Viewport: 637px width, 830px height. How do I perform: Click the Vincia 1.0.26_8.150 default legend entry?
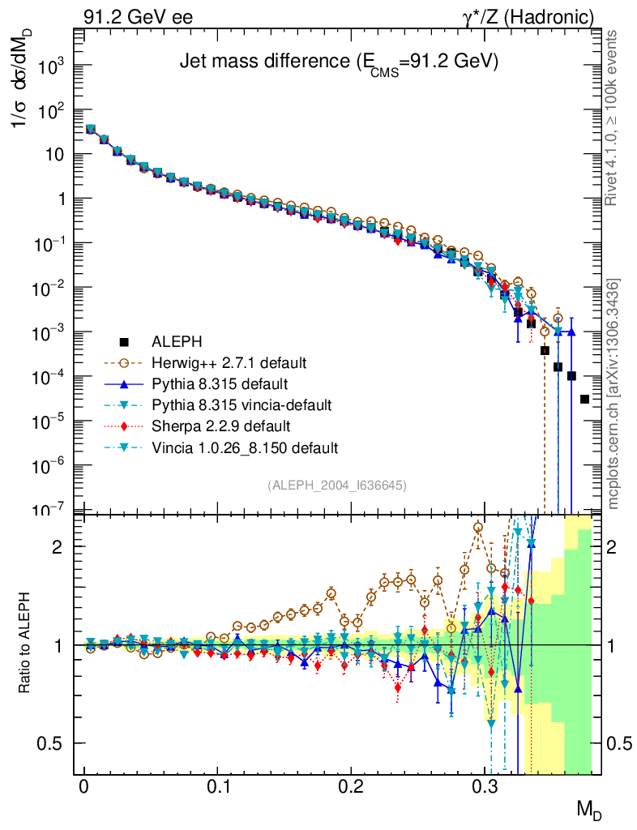pyautogui.click(x=244, y=447)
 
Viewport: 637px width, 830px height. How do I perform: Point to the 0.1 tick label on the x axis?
pyautogui.click(x=217, y=787)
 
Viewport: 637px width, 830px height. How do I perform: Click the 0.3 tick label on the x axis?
pyautogui.click(x=485, y=787)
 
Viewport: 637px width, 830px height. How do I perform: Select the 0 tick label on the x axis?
pyautogui.click(x=83, y=787)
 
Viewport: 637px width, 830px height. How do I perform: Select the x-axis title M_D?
pyautogui.click(x=589, y=809)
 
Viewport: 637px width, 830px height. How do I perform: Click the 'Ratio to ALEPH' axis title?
pyautogui.click(x=26, y=644)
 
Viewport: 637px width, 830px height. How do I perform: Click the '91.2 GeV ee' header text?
pyautogui.click(x=138, y=16)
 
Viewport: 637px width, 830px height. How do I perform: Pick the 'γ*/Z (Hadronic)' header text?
pyautogui.click(x=534, y=16)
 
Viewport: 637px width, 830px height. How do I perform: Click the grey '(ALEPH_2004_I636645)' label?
pyautogui.click(x=337, y=485)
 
